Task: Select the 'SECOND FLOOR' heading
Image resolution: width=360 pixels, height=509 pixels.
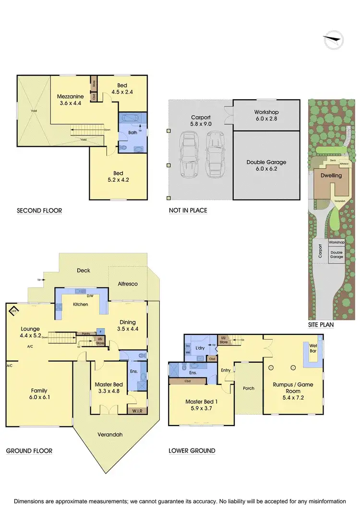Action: [39, 211]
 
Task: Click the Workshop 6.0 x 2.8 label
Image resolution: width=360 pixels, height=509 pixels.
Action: [266, 115]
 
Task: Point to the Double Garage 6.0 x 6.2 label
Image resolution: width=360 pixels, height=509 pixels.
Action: [266, 166]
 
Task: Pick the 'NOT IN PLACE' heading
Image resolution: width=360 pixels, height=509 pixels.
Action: [188, 211]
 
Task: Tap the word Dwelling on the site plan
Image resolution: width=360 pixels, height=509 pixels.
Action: [331, 176]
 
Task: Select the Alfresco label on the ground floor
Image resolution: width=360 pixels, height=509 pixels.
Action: [128, 284]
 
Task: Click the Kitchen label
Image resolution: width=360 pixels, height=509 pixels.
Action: [80, 304]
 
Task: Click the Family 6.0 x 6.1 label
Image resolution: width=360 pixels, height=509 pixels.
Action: [39, 394]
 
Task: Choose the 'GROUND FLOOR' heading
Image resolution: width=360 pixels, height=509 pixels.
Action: [29, 450]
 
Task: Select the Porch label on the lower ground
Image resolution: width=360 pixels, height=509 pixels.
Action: [248, 388]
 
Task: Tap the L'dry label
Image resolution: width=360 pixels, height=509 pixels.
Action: [201, 345]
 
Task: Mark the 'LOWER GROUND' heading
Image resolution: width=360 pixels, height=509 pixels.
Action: [192, 450]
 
